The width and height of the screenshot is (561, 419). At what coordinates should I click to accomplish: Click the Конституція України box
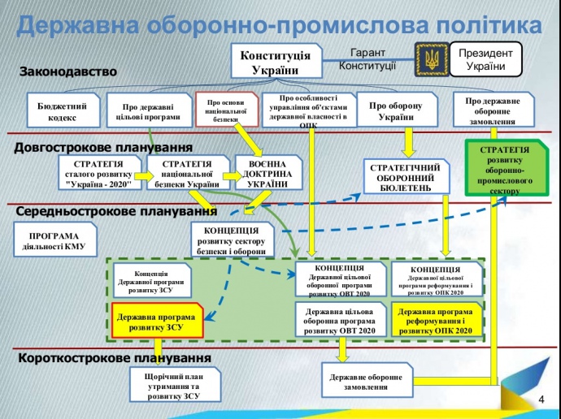click(275, 61)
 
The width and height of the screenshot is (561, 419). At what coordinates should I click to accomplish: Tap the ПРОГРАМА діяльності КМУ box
click(54, 241)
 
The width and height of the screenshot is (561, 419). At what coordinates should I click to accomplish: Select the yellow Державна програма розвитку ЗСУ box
click(155, 322)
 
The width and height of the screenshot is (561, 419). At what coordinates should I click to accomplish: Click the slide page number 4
click(541, 400)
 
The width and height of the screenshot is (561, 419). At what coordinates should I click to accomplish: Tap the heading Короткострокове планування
click(114, 357)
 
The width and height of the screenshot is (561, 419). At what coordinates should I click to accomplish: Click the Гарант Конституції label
click(367, 58)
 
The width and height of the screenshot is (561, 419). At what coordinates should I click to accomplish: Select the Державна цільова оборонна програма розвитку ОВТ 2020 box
click(340, 321)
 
